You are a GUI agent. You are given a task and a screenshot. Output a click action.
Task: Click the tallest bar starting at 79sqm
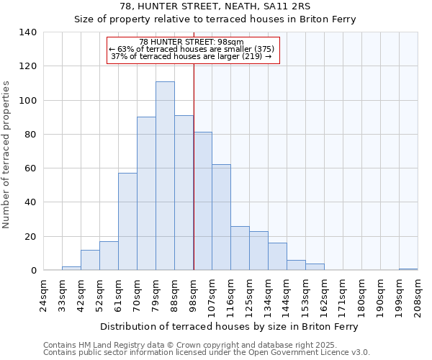pyautogui.click(x=165, y=176)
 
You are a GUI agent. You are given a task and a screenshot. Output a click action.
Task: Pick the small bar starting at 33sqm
pyautogui.click(x=71, y=268)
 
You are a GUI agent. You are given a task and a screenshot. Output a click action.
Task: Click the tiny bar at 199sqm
pyautogui.click(x=408, y=269)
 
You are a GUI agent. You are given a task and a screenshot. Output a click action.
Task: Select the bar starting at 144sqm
pyautogui.click(x=296, y=265)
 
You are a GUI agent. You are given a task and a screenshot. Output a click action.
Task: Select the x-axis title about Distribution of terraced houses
pyautogui.click(x=230, y=326)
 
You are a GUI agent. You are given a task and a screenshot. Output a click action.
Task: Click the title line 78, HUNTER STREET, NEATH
pyautogui.click(x=215, y=6)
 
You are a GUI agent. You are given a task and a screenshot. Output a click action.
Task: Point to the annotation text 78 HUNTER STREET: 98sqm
pyautogui.click(x=192, y=42)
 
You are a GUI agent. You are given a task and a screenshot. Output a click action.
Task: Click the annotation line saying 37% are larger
pyautogui.click(x=192, y=56)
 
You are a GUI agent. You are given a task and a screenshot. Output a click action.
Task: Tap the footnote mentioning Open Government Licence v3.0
pyautogui.click(x=207, y=352)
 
